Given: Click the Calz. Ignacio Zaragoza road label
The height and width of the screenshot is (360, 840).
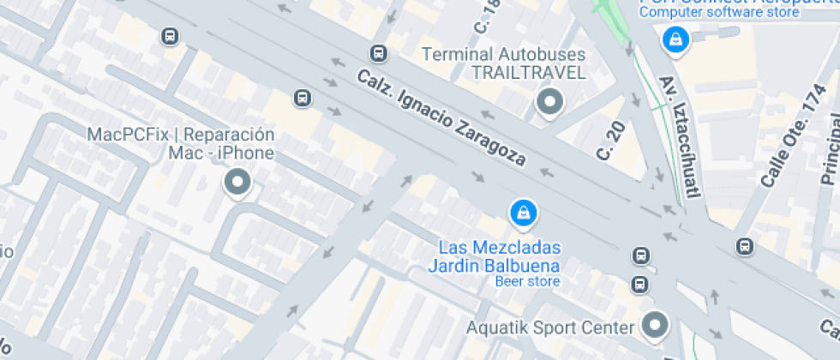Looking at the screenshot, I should point(441,117).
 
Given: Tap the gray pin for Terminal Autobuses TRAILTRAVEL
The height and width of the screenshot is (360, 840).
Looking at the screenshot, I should point(549,102).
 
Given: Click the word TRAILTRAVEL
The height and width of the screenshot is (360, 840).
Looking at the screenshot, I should point(528,73).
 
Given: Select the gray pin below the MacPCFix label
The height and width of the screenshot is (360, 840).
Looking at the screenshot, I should point(237,182).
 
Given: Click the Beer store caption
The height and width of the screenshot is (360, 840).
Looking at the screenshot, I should point(527,282).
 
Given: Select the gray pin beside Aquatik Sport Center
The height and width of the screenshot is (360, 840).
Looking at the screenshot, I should point(657,325).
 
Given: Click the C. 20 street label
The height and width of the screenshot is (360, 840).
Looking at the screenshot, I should point(611,139).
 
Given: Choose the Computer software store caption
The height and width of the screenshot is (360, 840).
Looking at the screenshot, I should point(719,12).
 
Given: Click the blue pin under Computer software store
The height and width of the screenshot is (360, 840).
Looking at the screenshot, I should point(676,39).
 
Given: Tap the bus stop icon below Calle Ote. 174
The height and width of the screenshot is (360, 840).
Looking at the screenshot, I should point(745,247).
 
